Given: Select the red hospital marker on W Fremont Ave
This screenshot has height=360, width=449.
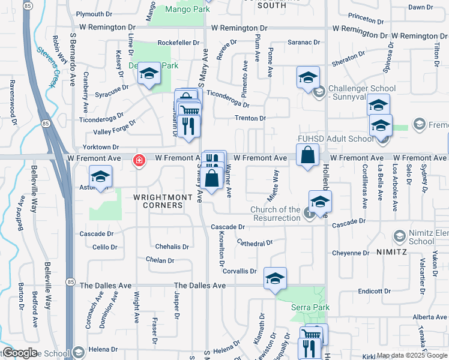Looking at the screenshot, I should click(x=139, y=160).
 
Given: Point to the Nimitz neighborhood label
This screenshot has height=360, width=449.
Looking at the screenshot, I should click(x=393, y=252).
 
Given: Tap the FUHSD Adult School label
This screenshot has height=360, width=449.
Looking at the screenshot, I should click(x=336, y=139).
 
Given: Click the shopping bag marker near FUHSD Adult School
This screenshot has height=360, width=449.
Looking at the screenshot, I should click(x=307, y=155).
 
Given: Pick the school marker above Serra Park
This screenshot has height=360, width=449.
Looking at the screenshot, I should click(x=275, y=278).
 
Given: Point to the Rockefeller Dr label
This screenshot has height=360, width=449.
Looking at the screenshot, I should click(x=178, y=43).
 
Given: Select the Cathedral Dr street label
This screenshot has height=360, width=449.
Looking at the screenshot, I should click(x=255, y=243).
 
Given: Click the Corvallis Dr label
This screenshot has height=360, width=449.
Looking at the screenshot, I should click(x=240, y=271).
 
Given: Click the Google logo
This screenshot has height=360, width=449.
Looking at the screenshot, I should click(x=19, y=353).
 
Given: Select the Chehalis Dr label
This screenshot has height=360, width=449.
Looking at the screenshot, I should click(x=172, y=247).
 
